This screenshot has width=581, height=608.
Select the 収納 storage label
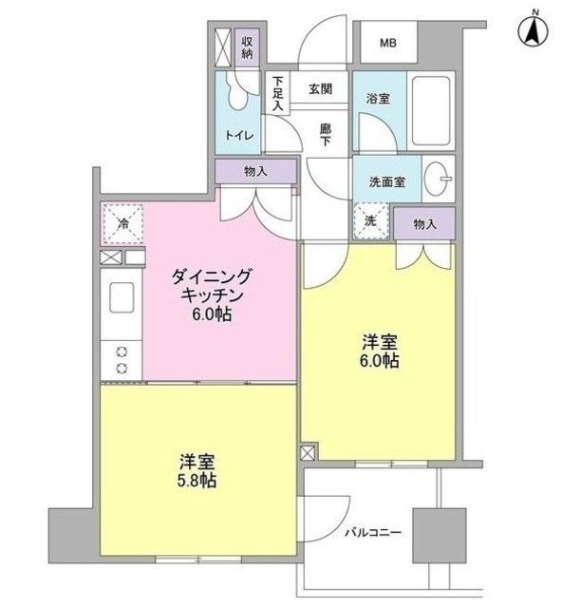246,47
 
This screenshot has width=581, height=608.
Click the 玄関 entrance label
320,89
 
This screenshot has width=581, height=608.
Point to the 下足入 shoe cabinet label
277,93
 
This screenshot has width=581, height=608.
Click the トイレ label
238,135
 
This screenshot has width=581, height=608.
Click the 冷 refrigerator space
122,224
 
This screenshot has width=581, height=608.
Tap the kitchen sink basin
123,298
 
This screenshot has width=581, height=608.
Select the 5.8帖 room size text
197,481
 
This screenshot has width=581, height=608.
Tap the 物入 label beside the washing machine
425,223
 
